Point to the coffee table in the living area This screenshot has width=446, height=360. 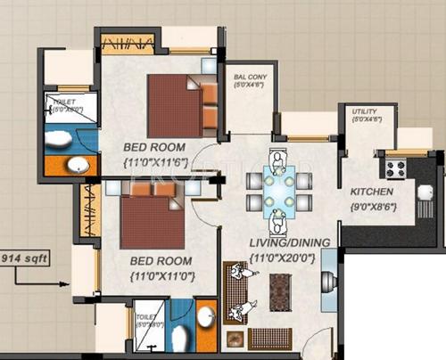tap(279, 290)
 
